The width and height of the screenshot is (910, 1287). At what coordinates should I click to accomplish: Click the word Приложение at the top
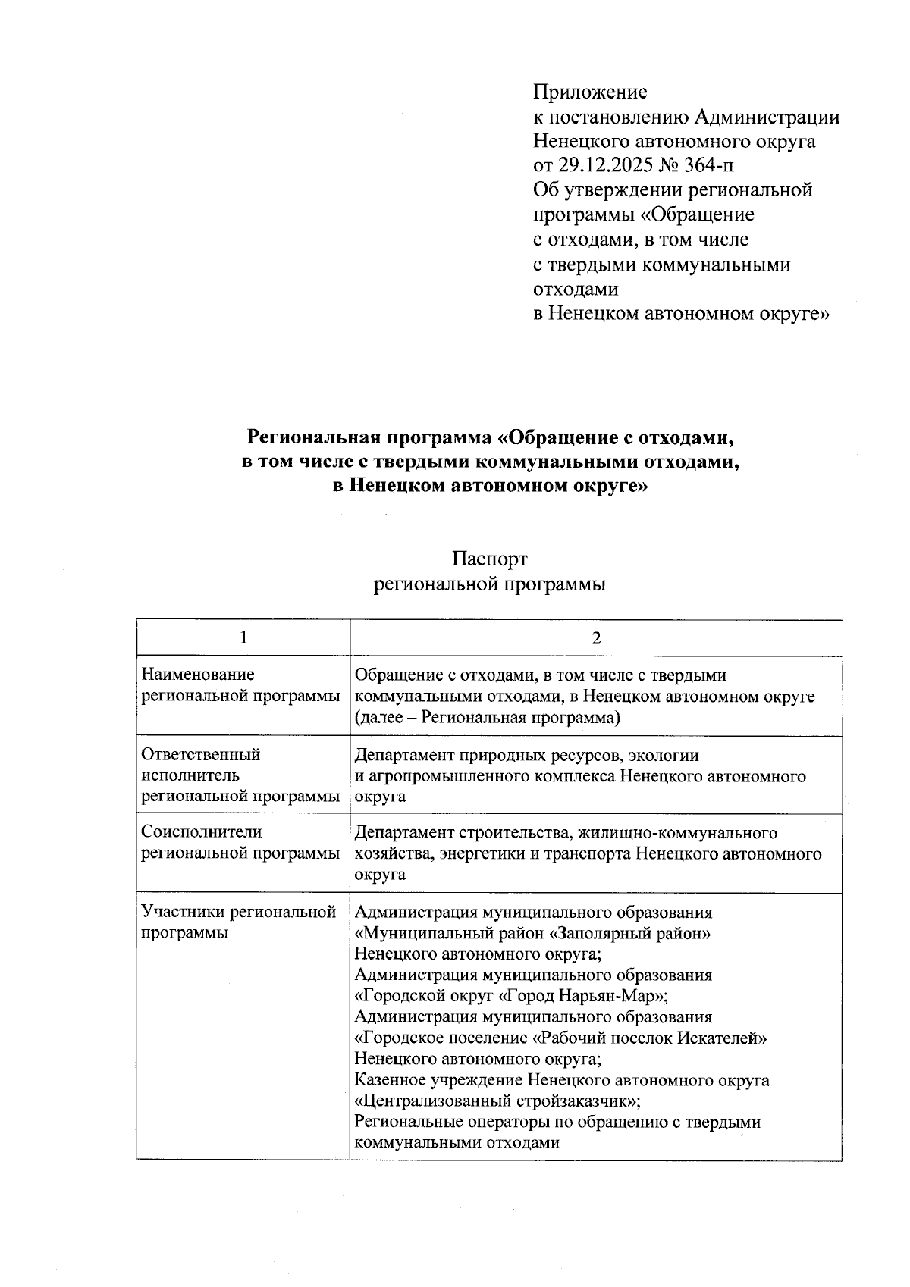click(x=590, y=92)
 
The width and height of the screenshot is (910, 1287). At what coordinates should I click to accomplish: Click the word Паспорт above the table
click(x=489, y=559)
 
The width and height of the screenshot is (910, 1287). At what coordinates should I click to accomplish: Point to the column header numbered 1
click(x=243, y=637)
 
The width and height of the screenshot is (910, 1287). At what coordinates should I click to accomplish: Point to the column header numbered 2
click(x=596, y=637)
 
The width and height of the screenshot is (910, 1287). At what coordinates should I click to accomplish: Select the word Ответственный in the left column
click(x=201, y=754)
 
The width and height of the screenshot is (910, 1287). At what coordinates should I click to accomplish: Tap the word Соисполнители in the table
click(x=202, y=831)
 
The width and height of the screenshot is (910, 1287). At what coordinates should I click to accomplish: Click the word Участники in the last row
click(x=182, y=911)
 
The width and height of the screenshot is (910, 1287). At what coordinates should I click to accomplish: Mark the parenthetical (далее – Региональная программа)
click(x=488, y=717)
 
